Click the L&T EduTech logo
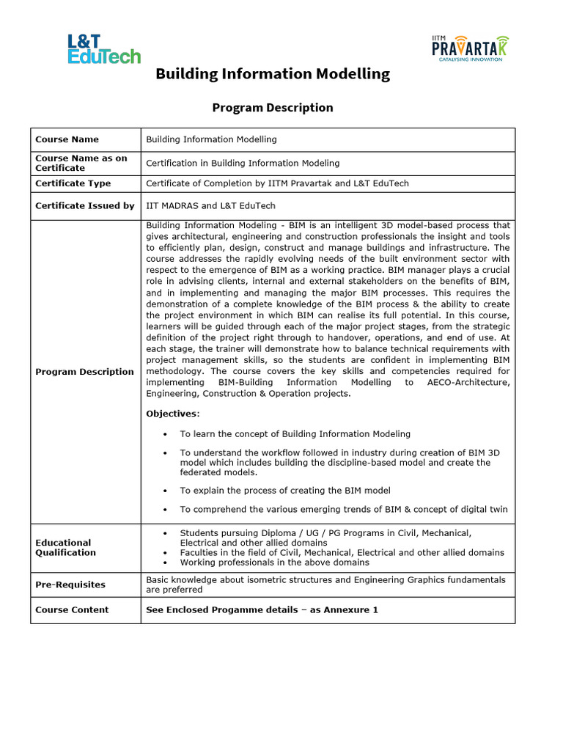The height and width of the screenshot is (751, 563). tap(103, 49)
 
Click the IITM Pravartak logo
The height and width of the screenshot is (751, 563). tap(469, 48)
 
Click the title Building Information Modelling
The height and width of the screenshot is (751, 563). tap(272, 74)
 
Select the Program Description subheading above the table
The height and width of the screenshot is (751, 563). tap(272, 108)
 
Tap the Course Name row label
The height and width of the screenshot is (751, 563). tap(67, 139)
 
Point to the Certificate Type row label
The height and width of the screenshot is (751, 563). tap(73, 183)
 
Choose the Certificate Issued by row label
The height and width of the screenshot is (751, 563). tap(84, 206)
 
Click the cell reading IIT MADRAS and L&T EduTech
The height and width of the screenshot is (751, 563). tap(210, 206)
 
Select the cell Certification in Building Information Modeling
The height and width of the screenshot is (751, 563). tap(243, 164)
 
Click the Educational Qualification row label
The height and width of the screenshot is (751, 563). tap(65, 548)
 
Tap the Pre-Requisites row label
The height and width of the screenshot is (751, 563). tap(70, 585)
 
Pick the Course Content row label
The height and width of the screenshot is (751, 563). tap(71, 609)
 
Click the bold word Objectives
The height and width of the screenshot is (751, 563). tap(172, 414)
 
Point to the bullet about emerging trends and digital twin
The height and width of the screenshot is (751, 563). tap(343, 510)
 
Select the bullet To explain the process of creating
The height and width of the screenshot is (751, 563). tap(284, 490)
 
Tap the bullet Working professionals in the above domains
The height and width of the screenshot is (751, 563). tap(274, 563)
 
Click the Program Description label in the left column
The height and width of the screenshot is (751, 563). tap(84, 372)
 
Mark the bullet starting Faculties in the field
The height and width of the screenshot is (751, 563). tap(342, 552)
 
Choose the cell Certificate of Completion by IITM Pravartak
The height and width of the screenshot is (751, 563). tap(277, 183)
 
